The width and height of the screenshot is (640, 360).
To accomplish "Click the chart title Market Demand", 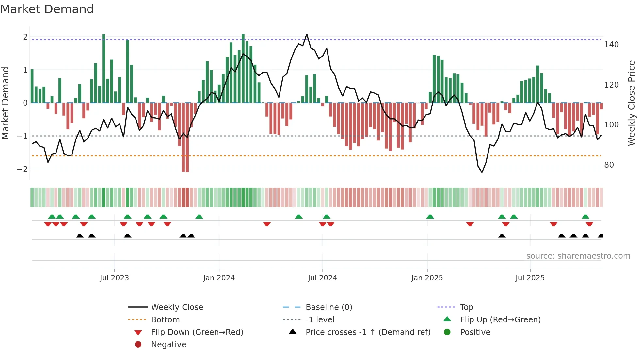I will pos(47,9).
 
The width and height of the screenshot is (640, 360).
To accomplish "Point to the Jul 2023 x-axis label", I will pos(114,278).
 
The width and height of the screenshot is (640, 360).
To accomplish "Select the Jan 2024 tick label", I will pos(219,278).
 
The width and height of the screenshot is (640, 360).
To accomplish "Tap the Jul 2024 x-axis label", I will pos(322,278).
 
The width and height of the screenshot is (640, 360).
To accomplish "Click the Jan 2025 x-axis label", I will pos(427,278).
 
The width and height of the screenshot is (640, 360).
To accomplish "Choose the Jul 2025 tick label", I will pos(530,278).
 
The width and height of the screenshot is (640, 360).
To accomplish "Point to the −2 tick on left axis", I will pos(22,169).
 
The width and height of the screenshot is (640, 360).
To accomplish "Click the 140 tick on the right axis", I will pos(611,45).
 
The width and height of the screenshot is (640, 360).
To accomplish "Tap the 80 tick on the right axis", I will pos(609,165).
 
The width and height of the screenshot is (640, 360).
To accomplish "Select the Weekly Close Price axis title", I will pos(632,103).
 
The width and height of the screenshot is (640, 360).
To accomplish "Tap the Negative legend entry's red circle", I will pos(138,345).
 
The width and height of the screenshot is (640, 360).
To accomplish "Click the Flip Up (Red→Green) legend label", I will pos(500,320).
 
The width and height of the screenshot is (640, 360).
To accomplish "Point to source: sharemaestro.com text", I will pos(578,256).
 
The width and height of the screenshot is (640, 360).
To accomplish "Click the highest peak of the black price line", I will pos(307,34).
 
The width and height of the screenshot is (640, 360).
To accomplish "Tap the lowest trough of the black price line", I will pos(482,172).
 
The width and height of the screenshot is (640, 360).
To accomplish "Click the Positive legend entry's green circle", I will pos(447,332).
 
